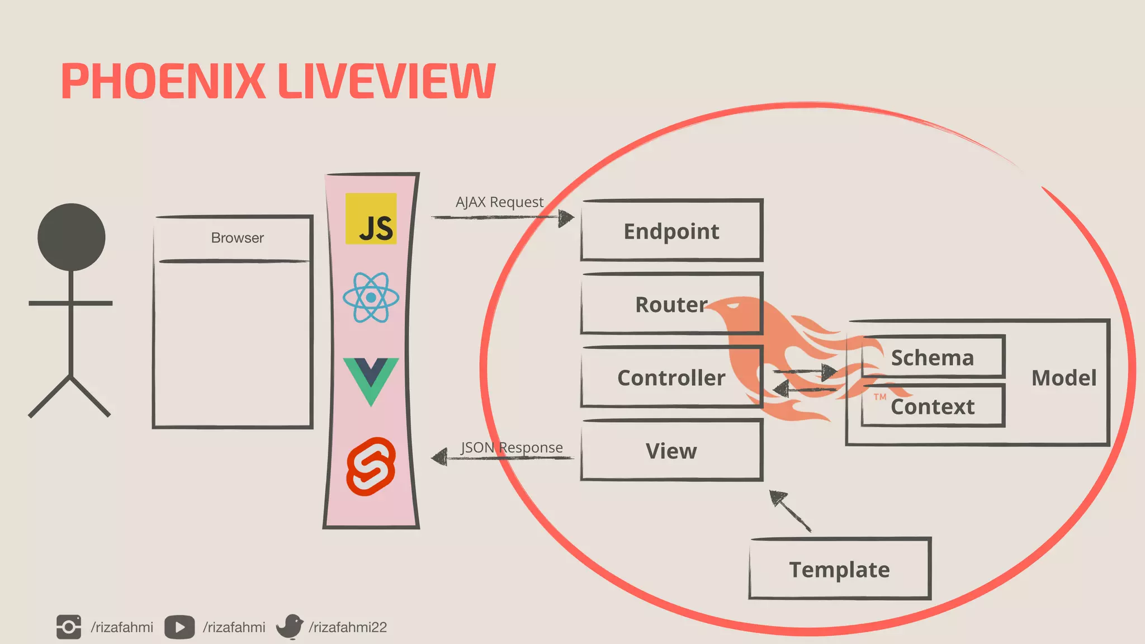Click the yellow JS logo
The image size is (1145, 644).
(371, 219)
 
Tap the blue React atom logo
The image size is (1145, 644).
(371, 297)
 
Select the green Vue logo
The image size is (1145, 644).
(371, 380)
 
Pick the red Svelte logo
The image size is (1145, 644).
(371, 467)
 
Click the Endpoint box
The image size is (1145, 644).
(671, 231)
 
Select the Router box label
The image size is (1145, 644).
(671, 305)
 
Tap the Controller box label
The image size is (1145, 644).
(671, 378)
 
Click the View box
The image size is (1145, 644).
(671, 451)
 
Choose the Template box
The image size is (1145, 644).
(839, 569)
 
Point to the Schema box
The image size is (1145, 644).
(933, 357)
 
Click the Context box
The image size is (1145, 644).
(933, 406)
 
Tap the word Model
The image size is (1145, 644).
(1063, 378)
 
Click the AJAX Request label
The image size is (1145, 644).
(499, 202)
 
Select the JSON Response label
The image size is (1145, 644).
(512, 447)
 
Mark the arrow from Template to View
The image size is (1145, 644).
(790, 511)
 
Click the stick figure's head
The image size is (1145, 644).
(72, 237)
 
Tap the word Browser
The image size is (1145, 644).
(237, 238)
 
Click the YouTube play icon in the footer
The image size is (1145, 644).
(179, 627)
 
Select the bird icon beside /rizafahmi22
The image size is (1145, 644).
(290, 627)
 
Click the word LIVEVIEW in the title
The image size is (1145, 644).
(386, 82)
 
